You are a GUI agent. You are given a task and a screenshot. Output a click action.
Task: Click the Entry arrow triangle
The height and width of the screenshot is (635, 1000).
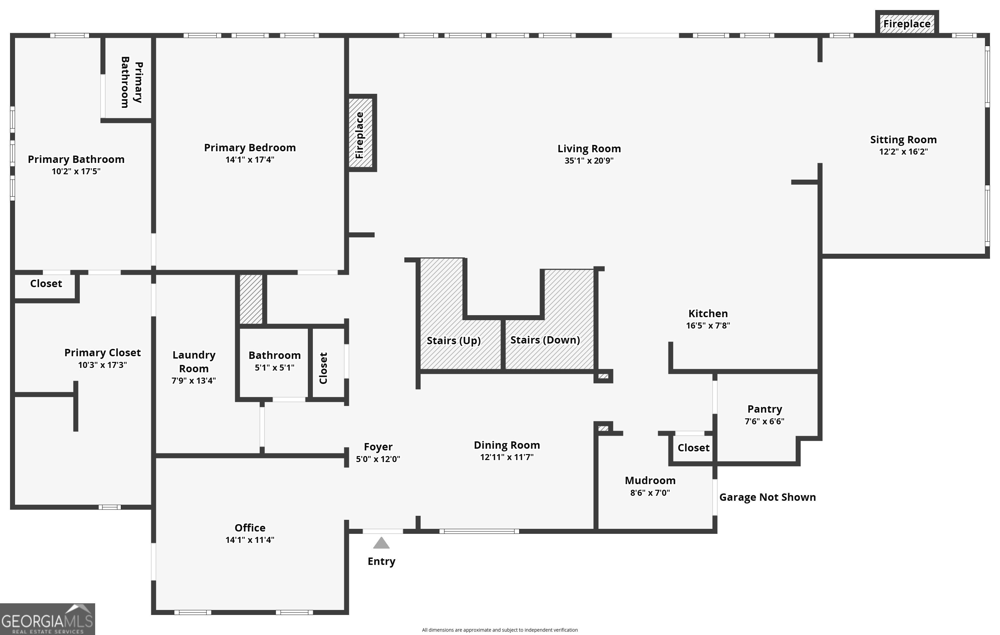click(x=381, y=543)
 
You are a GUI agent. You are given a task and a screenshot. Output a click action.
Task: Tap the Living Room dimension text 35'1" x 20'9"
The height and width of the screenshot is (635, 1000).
click(x=589, y=161)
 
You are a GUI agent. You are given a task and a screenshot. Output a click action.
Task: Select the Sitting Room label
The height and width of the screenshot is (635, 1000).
click(x=903, y=140)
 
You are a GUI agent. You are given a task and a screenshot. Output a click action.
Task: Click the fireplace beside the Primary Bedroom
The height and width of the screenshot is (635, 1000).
click(x=361, y=133)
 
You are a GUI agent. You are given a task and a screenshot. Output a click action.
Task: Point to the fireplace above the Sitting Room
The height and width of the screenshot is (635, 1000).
click(x=907, y=23)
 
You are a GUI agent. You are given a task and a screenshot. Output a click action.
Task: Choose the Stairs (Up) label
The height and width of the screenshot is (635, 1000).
click(x=453, y=341)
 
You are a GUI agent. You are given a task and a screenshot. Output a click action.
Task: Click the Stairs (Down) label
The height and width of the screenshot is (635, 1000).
click(x=545, y=340)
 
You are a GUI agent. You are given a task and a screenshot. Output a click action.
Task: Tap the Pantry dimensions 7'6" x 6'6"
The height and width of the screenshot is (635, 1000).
click(x=765, y=421)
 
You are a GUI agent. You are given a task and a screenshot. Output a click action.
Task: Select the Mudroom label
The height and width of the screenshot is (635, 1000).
click(x=650, y=480)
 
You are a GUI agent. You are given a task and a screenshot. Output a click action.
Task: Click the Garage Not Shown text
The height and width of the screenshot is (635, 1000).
click(x=767, y=497)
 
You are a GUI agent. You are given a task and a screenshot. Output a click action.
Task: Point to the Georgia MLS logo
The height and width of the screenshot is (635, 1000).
click(x=47, y=619)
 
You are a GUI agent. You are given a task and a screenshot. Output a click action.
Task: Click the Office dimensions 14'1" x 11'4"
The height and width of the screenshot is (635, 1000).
click(x=250, y=540)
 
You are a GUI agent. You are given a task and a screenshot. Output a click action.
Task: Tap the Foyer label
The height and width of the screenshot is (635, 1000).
click(x=378, y=447)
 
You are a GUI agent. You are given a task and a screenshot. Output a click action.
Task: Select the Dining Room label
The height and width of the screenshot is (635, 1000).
click(x=507, y=445)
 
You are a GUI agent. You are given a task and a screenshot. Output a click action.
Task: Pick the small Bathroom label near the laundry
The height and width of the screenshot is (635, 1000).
click(x=274, y=355)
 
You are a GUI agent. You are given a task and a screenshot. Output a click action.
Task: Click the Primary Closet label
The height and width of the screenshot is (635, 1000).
click(x=102, y=353)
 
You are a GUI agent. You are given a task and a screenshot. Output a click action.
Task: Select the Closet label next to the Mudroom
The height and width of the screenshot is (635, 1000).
click(x=693, y=448)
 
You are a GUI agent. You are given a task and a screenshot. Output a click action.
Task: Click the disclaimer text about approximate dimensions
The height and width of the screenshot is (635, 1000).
click(x=499, y=630)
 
